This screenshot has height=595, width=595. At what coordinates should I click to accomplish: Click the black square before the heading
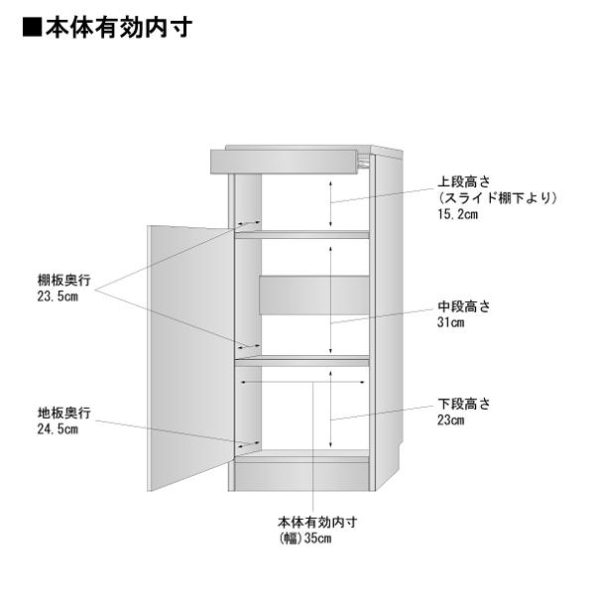(x=31, y=27)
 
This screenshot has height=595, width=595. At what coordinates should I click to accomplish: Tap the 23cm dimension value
(x=450, y=420)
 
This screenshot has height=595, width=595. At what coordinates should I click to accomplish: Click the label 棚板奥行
(x=59, y=281)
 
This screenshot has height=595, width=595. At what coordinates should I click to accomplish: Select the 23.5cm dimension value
(x=58, y=297)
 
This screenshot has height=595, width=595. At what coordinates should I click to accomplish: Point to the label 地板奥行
(x=59, y=413)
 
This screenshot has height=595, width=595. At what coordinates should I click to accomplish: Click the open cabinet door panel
(x=190, y=357)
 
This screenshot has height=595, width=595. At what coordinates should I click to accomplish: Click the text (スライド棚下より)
(x=497, y=198)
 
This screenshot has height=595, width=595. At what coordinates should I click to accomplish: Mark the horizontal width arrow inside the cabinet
(x=300, y=381)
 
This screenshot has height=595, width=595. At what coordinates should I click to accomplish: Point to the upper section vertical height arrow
(x=331, y=204)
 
